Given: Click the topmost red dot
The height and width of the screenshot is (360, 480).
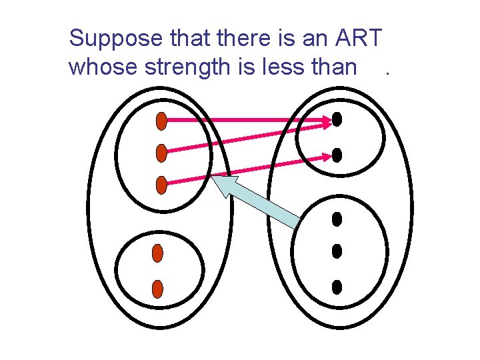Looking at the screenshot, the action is point(161,121).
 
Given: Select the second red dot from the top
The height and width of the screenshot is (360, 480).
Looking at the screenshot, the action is point(161,153).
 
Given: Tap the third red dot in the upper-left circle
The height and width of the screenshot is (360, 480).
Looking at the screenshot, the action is point(161,185).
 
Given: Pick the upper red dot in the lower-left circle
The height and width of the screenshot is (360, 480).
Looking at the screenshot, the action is point(157,253).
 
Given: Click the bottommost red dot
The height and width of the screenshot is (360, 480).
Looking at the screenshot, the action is point(157,289).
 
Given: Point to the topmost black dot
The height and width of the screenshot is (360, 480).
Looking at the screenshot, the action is point(337,119).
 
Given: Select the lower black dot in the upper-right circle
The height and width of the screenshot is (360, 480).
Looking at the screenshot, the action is point(337,155).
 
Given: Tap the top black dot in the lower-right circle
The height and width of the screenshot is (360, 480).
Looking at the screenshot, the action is point(337,219).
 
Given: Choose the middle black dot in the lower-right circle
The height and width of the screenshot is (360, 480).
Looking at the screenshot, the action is point(337,251).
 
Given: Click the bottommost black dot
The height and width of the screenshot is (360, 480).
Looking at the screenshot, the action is point(337,287).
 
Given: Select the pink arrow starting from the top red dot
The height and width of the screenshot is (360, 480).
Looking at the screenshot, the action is point(247,121).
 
